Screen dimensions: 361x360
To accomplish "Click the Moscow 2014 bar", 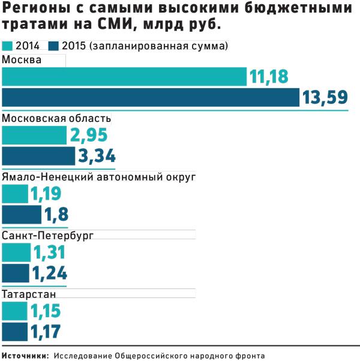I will click(124, 77).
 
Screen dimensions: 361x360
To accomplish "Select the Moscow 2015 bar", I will click(151, 97).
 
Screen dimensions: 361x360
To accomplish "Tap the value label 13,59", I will click(324, 97).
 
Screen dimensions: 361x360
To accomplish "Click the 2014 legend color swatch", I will click(8, 46).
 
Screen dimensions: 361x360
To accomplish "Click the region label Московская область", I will click(56, 118).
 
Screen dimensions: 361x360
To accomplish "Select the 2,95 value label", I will click(88, 136).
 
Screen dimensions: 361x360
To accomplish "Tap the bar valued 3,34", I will click(39, 156).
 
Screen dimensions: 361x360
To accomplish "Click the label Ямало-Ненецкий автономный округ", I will click(99, 178).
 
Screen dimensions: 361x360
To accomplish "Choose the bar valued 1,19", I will click(15, 194).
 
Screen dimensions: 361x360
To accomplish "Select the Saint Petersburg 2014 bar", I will click(16, 253).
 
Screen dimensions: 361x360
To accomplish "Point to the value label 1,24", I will click(49, 273).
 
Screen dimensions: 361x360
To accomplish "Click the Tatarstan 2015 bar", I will click(15, 331).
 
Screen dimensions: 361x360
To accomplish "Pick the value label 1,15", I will click(46, 311).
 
